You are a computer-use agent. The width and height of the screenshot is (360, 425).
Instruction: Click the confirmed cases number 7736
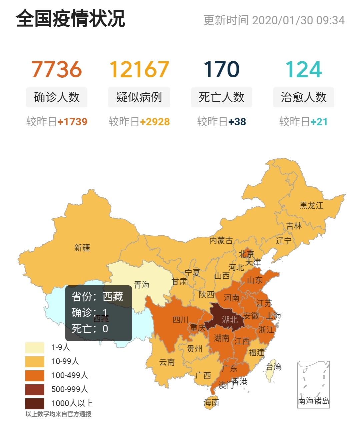[x=57, y=69]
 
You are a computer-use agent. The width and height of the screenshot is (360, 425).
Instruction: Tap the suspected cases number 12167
[x=139, y=69]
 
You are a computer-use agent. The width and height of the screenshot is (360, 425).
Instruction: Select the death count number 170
[x=221, y=69]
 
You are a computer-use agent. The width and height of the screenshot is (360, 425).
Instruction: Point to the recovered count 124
[x=303, y=69]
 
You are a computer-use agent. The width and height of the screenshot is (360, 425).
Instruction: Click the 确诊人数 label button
[x=57, y=97]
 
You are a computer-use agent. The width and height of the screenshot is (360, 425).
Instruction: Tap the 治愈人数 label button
[x=303, y=97]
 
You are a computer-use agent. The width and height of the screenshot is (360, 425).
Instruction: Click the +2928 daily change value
[x=155, y=122]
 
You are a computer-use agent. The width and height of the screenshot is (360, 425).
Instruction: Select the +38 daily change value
[x=237, y=122]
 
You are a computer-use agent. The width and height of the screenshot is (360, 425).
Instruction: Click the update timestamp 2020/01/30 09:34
[x=298, y=20]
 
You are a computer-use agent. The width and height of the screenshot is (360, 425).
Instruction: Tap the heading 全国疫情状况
[x=71, y=19]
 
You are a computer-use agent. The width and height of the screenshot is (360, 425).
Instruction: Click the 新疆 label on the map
[x=82, y=248]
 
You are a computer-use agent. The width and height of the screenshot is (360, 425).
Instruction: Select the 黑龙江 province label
[x=311, y=205]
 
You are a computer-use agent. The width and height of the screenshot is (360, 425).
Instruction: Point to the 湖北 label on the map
[x=230, y=320]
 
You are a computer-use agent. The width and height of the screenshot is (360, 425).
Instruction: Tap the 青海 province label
[x=142, y=285]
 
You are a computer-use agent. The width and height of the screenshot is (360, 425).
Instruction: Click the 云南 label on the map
[x=167, y=362]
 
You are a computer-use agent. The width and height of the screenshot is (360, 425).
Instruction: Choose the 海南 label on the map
[x=211, y=403]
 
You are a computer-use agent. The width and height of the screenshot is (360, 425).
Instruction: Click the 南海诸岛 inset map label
[x=313, y=401]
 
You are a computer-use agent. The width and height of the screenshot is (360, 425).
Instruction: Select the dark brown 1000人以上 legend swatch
[x=35, y=403]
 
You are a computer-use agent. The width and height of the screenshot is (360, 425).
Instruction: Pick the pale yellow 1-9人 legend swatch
[x=35, y=348]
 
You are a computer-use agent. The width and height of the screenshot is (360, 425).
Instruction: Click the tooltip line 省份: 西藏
[x=97, y=297]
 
